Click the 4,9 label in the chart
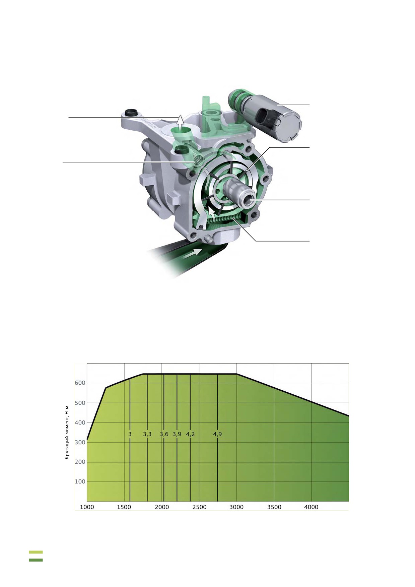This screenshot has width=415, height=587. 217,434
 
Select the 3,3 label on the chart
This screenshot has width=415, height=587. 147,434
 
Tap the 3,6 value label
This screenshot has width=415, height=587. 164,434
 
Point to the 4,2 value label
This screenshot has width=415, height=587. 190,434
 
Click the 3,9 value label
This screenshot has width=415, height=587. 177,434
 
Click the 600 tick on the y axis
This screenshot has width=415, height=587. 80,383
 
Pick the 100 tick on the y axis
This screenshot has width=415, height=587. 80,481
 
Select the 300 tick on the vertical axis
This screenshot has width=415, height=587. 80,442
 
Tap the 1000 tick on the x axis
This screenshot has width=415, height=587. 87,507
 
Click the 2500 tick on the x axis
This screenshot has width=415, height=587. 199,507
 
